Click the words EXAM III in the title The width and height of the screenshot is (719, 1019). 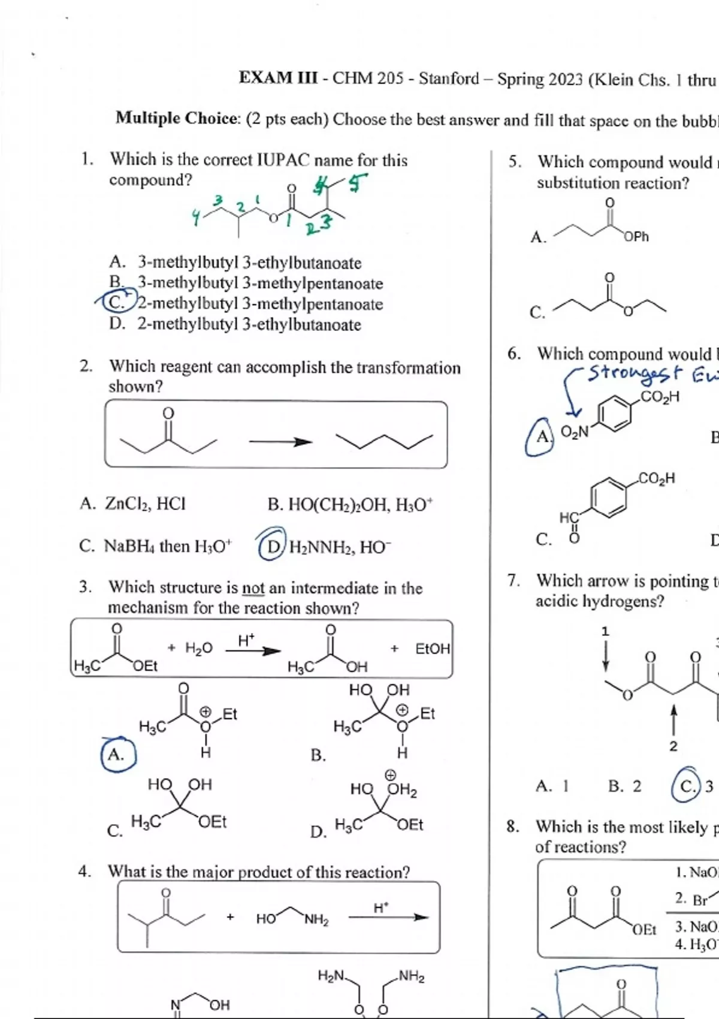coord(278,78)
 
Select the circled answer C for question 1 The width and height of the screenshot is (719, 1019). coord(113,303)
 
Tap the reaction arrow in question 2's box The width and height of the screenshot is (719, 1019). coord(280,443)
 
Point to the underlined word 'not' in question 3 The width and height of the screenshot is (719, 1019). coord(253,588)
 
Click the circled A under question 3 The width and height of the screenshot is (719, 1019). coord(116,755)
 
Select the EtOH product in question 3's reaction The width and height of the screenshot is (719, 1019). coord(432,649)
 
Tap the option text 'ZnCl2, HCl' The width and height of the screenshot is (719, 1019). coord(146,504)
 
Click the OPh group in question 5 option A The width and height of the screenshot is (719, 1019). coord(636,237)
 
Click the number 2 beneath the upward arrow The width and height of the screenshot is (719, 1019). coord(673,746)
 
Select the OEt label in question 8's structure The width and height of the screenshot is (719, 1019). coord(644,930)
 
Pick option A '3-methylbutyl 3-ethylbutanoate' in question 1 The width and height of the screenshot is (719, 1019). coord(249,263)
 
